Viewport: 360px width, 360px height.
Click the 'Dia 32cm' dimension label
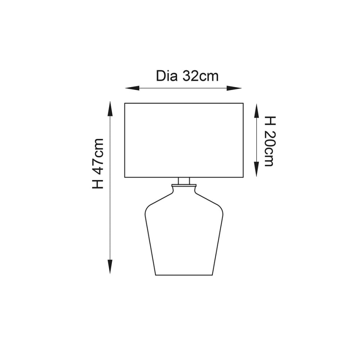tap(187, 76)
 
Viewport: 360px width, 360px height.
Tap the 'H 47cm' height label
tap(98, 164)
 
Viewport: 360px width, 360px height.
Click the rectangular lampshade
tap(184, 140)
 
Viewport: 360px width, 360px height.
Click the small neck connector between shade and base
tap(184, 181)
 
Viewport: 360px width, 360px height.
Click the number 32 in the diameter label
tap(190, 76)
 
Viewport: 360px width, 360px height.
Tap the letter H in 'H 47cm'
tap(98, 183)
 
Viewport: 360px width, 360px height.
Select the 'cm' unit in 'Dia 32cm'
tap(209, 76)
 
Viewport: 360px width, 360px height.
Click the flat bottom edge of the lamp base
tap(184, 275)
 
